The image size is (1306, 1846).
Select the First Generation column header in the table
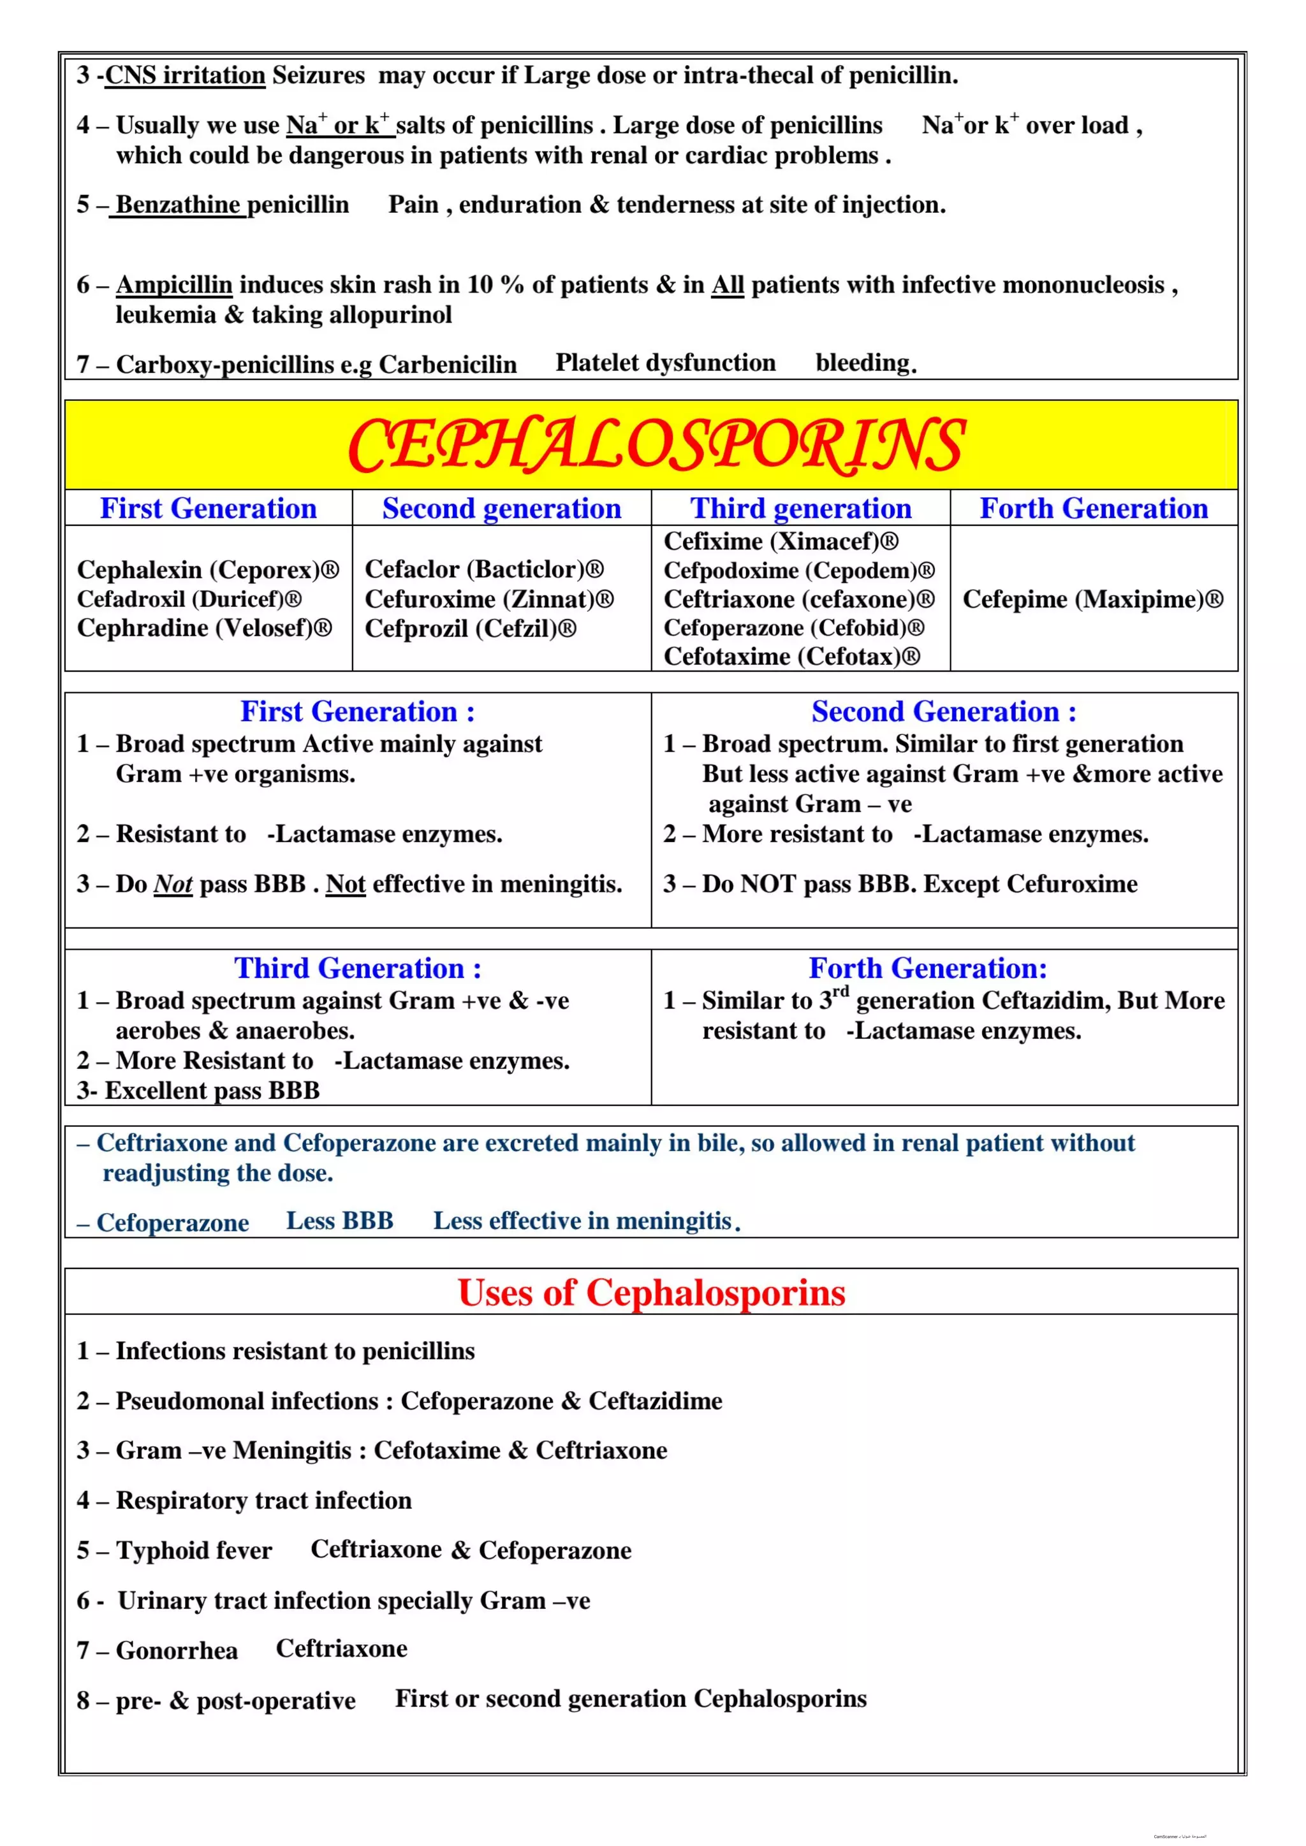tap(209, 508)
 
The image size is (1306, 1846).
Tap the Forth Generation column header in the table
tap(1093, 508)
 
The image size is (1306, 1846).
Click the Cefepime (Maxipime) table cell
tap(1092, 599)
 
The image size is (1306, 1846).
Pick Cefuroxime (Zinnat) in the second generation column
tap(489, 599)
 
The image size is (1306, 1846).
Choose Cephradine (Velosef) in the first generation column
tap(204, 628)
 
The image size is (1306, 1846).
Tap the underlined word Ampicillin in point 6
tap(175, 285)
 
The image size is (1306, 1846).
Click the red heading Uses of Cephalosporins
tap(651, 1293)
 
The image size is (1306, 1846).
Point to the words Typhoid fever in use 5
tap(194, 1550)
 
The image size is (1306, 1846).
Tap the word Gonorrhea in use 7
tap(177, 1650)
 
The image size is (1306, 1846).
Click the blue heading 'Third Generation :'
tap(358, 968)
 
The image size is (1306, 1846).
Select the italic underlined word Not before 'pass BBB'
tap(173, 884)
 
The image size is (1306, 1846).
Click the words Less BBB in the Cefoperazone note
tap(339, 1221)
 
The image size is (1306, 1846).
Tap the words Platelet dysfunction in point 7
tap(665, 363)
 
